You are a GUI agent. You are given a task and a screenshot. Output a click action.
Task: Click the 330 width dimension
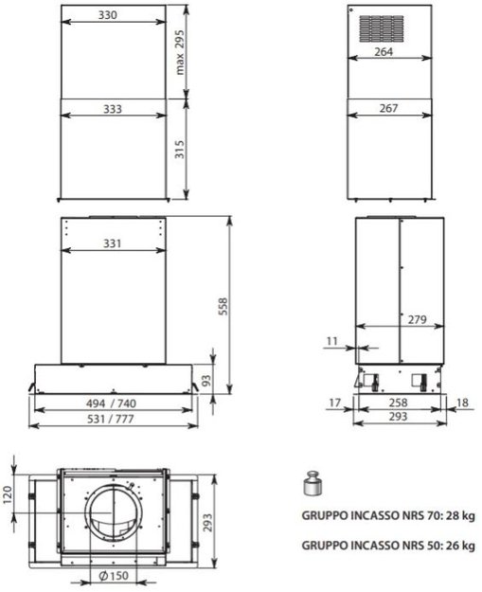(108, 15)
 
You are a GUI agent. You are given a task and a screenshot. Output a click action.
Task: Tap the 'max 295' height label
(180, 52)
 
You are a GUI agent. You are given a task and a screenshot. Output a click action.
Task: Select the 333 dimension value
(113, 109)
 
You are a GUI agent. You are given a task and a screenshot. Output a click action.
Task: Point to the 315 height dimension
(180, 149)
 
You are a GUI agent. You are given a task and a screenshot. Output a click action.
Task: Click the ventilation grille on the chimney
(382, 28)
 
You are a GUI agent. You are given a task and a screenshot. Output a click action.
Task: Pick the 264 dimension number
(384, 52)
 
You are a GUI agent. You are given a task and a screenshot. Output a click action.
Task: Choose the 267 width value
(388, 108)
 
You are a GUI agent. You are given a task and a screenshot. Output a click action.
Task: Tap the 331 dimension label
(113, 243)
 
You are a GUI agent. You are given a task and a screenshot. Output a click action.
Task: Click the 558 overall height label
(223, 307)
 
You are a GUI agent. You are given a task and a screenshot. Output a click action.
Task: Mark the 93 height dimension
(206, 381)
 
